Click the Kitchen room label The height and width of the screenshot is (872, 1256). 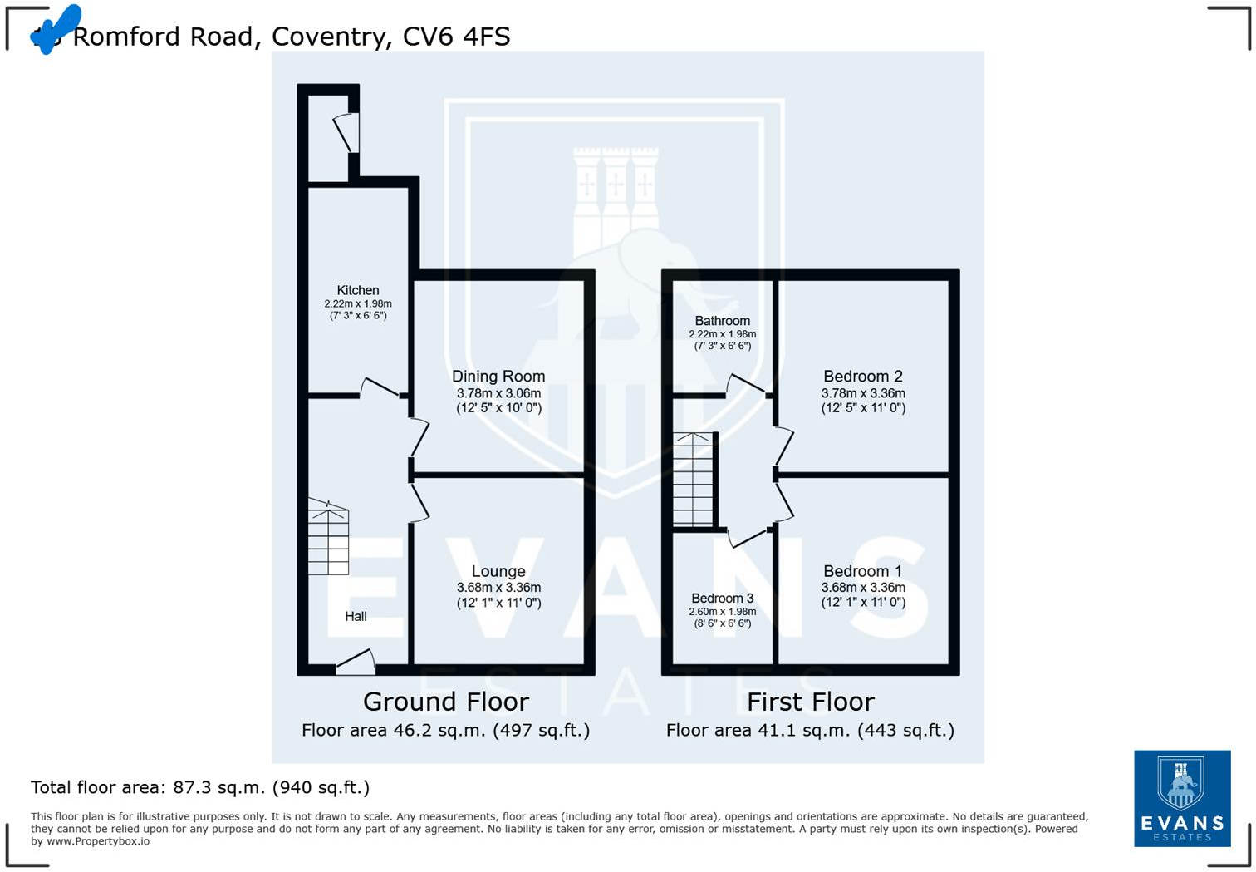358,290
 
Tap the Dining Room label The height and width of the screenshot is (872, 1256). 498,377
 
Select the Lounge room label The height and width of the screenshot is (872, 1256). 498,571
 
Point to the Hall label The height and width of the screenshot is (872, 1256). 356,616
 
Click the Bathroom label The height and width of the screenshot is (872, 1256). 722,321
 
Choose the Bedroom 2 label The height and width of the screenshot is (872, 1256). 863,377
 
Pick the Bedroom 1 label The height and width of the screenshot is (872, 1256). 863,571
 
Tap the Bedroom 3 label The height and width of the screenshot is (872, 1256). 722,599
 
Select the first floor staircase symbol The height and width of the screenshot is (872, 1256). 693,480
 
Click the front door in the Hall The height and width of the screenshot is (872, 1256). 356,662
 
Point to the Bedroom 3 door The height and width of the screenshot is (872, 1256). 748,536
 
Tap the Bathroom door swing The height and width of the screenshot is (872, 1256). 746,385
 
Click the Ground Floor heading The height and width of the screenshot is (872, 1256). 446,702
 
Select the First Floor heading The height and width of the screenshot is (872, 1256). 810,702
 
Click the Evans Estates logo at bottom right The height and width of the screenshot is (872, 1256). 1182,798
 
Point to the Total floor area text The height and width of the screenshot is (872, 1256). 200,787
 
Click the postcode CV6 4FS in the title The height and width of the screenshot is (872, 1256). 456,37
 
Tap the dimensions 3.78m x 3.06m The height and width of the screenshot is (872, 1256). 498,393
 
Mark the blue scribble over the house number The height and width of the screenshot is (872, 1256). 56,28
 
